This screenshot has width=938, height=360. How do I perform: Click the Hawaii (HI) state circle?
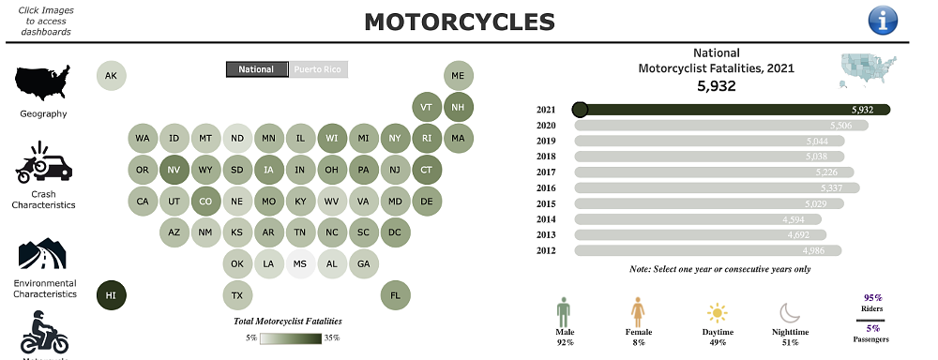point(111,295)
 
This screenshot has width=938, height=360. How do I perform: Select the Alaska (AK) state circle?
point(111,76)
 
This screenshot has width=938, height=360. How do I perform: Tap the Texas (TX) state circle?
point(237,295)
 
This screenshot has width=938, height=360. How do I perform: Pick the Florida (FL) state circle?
point(395,295)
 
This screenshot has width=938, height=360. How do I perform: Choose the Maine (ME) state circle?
point(458,76)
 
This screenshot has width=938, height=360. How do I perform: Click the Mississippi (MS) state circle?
point(300,264)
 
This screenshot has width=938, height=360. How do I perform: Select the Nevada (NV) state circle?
point(174,171)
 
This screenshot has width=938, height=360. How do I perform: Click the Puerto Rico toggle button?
point(318,69)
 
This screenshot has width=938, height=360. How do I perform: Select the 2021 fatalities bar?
point(732,110)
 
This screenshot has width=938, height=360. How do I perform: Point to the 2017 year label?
point(547,172)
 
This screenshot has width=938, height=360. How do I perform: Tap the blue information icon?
point(883,20)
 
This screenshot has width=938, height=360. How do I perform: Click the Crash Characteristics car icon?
point(43,164)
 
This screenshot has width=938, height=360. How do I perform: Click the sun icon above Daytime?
point(718,313)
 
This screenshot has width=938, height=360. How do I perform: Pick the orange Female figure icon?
point(638,311)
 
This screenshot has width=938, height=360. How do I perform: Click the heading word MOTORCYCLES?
point(459,21)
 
